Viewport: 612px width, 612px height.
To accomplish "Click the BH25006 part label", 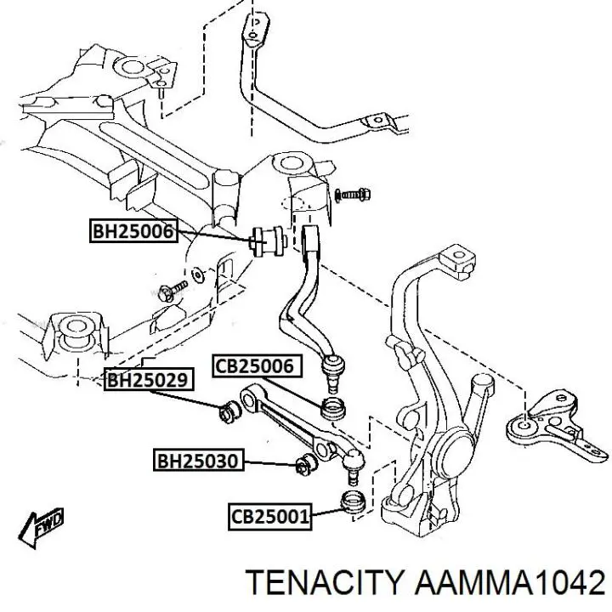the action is point(133,231).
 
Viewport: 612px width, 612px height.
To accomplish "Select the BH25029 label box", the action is point(149,379).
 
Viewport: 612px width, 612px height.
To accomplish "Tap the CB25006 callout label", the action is point(258,366).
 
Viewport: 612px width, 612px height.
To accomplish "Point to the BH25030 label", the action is point(198,460).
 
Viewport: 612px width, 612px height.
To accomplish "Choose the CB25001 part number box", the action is point(270,517).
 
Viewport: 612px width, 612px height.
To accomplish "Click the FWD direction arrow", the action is point(41,527).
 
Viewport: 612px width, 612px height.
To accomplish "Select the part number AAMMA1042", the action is point(509,582).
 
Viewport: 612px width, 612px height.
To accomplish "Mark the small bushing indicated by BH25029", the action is point(229,411).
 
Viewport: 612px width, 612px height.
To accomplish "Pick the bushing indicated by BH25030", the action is point(306,464).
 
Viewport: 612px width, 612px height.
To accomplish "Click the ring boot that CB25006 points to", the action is point(333,408).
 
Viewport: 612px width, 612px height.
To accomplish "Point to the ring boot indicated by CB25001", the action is point(354,501).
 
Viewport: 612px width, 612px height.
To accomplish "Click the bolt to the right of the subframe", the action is point(353,195).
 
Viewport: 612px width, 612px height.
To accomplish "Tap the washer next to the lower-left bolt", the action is point(198,275).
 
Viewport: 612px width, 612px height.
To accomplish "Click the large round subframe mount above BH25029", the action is point(76,330).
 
